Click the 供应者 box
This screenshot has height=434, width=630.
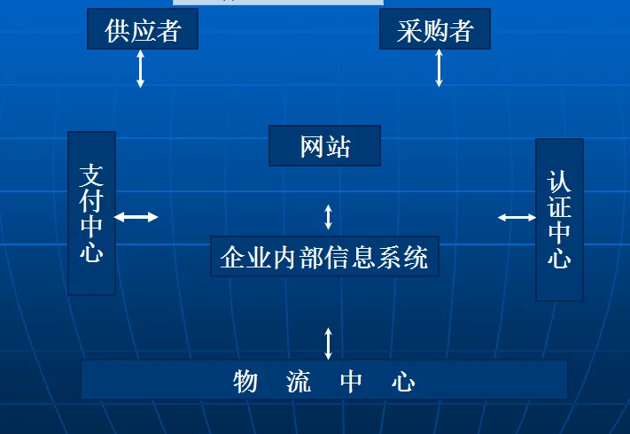click(x=143, y=29)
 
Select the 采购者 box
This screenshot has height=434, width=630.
click(x=435, y=29)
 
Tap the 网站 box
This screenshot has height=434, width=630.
click(x=324, y=146)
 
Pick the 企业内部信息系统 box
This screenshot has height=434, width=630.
click(x=324, y=257)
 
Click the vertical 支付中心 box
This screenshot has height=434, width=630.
click(x=92, y=213)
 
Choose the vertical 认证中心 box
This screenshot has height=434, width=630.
click(x=559, y=220)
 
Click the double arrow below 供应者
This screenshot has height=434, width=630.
click(x=140, y=69)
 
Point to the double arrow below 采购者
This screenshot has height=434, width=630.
click(x=439, y=68)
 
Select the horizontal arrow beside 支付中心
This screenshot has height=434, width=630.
click(x=136, y=217)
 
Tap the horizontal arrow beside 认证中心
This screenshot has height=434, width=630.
click(x=517, y=218)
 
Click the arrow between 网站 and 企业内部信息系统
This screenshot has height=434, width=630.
click(x=328, y=217)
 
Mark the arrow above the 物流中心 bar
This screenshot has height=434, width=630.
click(x=328, y=344)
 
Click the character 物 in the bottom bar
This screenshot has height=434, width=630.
click(x=245, y=382)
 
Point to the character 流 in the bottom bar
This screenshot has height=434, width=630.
click(x=299, y=382)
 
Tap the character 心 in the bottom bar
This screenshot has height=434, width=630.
click(x=403, y=382)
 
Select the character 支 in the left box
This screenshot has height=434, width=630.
click(x=91, y=176)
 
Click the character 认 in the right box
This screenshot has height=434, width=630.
click(x=559, y=182)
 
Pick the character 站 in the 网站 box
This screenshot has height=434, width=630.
click(x=338, y=146)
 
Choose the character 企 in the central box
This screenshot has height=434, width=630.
click(x=233, y=257)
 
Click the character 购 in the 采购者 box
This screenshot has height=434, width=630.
click(x=435, y=31)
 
